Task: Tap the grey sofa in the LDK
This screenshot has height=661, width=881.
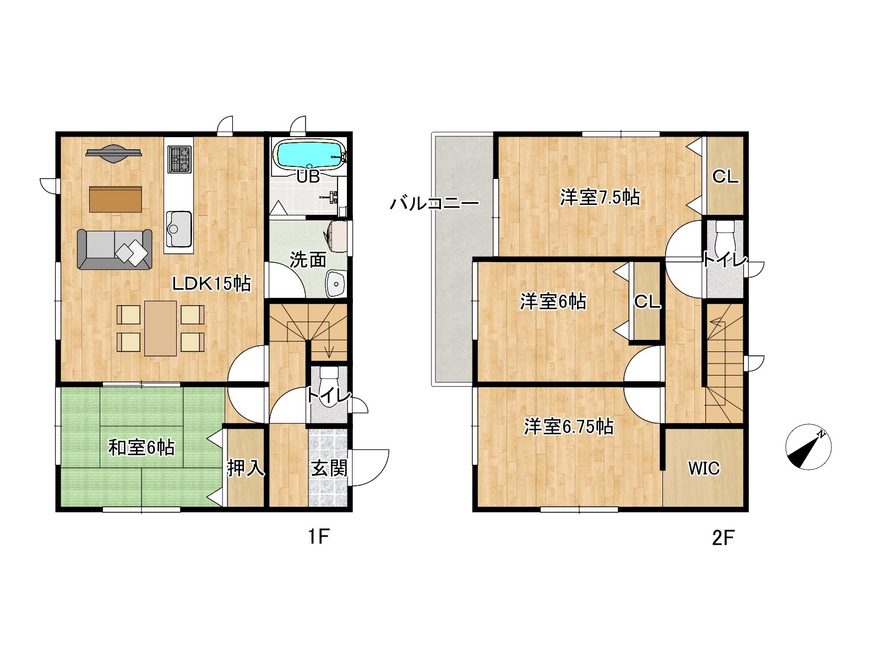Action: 115,249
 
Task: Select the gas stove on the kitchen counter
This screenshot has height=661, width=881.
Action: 179,159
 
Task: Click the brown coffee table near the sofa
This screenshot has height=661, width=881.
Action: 116,199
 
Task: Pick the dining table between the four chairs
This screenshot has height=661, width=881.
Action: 161,328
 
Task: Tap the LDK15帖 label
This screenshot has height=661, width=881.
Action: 211,284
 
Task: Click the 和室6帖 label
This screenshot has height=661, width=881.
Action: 142,447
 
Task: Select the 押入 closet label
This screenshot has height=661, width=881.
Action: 246,468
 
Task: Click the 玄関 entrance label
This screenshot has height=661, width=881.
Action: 329,468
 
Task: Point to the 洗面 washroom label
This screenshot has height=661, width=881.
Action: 308,260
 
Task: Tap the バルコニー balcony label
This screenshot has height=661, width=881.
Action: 434,203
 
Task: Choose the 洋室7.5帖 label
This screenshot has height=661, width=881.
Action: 600,197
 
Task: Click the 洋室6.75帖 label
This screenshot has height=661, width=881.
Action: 569,426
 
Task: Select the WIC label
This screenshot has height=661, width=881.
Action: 704,468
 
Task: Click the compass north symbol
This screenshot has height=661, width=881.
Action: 808,447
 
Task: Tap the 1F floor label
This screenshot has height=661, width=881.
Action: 319,537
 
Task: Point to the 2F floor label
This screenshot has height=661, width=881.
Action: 724,538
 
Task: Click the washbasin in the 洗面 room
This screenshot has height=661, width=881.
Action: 336,284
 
